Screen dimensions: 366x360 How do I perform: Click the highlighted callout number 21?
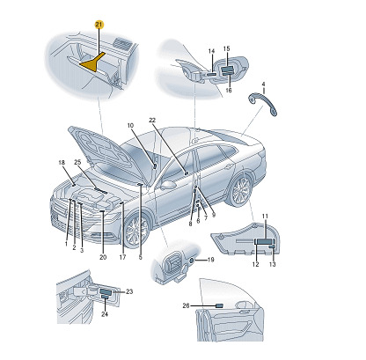99,25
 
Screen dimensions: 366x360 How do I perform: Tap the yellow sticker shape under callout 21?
92,62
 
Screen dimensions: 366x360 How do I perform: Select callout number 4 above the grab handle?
263,84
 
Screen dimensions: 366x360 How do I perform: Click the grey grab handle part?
262,103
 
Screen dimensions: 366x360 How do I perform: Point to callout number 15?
226,48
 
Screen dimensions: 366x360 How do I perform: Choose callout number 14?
211,51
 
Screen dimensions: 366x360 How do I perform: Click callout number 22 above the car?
152,121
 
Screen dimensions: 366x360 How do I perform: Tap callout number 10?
130,126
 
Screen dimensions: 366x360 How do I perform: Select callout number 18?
62,163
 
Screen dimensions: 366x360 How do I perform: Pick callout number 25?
77,162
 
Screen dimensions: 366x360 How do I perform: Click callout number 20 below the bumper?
103,257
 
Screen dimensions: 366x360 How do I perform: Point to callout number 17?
122,257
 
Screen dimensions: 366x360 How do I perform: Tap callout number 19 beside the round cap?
211,260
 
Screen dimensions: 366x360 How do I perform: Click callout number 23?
129,291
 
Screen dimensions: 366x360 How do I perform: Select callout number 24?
105,314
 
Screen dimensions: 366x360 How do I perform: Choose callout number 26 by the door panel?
186,305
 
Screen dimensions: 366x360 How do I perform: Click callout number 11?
265,217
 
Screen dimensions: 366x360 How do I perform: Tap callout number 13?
273,264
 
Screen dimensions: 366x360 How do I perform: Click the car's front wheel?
136,231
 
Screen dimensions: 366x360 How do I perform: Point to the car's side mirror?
167,185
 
